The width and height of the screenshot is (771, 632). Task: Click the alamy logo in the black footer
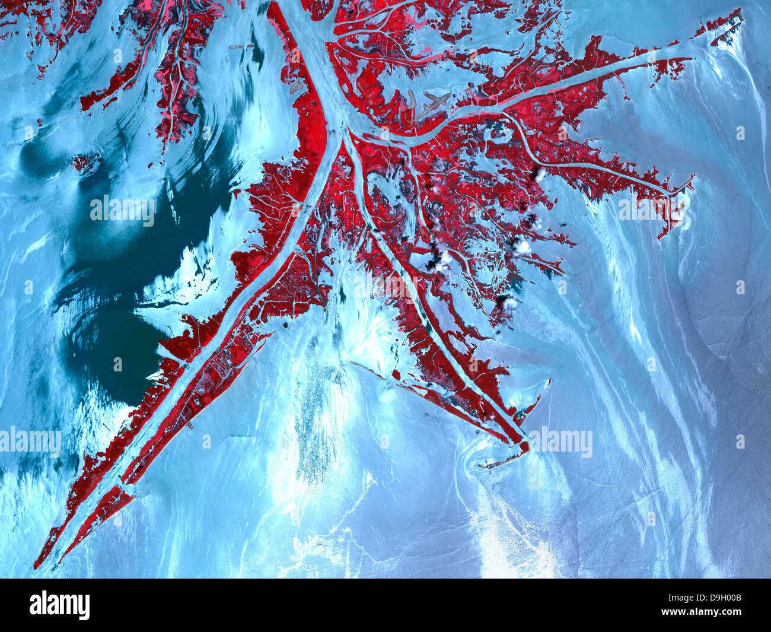click(x=59, y=605)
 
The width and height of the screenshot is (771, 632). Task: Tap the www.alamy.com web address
click(x=709, y=614)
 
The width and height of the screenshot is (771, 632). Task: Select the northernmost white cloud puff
click(x=541, y=174)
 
